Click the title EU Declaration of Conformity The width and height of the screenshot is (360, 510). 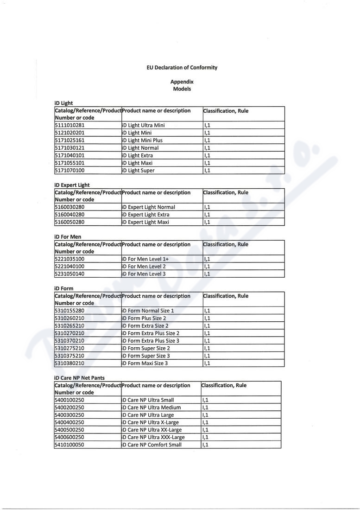point(182,68)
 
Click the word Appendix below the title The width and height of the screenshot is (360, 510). point(182,82)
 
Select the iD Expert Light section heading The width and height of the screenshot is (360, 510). point(72,185)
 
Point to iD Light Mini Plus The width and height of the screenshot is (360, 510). point(142,140)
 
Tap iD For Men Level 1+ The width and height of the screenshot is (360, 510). point(145,259)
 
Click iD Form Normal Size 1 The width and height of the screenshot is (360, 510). point(147,311)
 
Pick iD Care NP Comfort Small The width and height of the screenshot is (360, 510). point(151,445)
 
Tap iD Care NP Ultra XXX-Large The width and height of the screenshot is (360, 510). point(152,437)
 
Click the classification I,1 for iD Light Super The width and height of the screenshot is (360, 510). point(207,170)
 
